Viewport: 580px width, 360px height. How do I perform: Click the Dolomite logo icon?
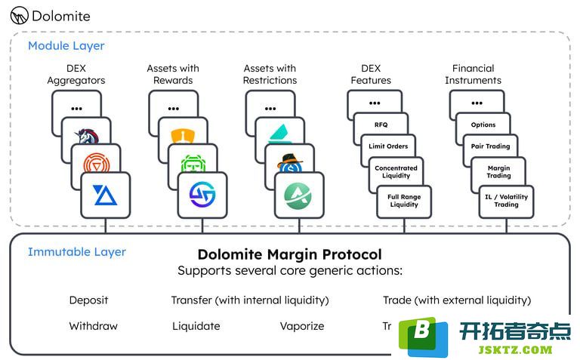point(20,15)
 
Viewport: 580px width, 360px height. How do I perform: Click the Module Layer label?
point(66,46)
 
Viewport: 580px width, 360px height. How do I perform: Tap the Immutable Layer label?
point(76,251)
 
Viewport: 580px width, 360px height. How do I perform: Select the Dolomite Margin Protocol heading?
point(289,254)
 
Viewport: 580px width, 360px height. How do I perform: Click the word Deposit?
point(88,300)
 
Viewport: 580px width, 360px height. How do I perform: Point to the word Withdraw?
point(93,326)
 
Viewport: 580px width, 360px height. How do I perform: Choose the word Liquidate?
point(196,326)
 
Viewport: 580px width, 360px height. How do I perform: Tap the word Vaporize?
point(301,326)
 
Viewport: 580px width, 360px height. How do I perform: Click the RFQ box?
point(381,125)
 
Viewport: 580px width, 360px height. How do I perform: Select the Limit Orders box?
point(388,146)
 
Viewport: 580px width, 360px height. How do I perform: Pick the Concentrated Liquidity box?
point(396,172)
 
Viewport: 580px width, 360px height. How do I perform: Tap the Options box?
point(483,125)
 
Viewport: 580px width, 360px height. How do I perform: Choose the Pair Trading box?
point(491,146)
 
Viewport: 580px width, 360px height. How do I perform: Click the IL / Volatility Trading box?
point(506,200)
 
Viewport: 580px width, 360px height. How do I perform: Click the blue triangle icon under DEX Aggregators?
point(105,195)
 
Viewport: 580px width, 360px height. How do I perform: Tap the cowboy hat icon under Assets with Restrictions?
point(289,164)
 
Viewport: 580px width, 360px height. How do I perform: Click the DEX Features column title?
point(371,75)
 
